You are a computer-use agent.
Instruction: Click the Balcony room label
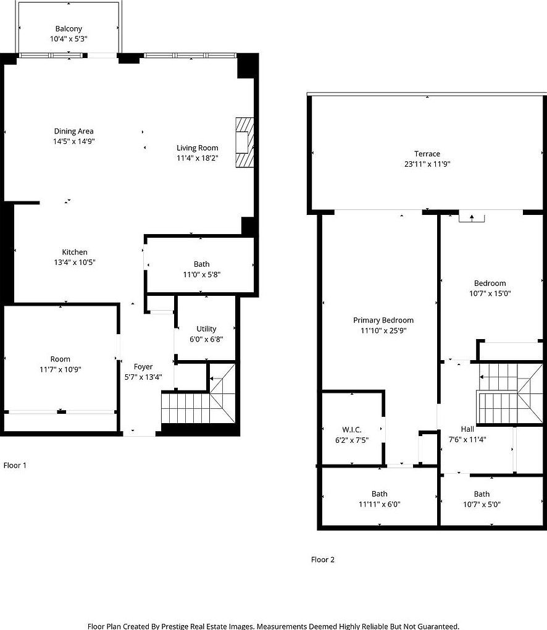pyautogui.click(x=69, y=29)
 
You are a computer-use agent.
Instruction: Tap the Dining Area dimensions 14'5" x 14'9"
pyautogui.click(x=74, y=141)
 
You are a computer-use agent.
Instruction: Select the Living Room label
pyautogui.click(x=198, y=148)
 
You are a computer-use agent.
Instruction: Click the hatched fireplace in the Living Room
pyautogui.click(x=244, y=141)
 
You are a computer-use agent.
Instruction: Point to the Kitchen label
pyautogui.click(x=75, y=252)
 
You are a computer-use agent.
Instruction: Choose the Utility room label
pyautogui.click(x=206, y=329)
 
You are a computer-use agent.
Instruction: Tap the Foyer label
pyautogui.click(x=143, y=367)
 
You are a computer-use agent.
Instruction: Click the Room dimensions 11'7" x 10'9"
pyautogui.click(x=61, y=369)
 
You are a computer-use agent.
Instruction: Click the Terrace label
pyautogui.click(x=427, y=154)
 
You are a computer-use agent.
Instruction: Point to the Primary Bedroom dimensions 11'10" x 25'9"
pyautogui.click(x=383, y=330)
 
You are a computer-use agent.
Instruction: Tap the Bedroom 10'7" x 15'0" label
pyautogui.click(x=490, y=283)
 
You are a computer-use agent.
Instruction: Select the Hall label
pyautogui.click(x=467, y=429)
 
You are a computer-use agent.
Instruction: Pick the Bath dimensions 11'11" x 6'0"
pyautogui.click(x=380, y=504)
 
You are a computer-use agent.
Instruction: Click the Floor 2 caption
pyautogui.click(x=322, y=560)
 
